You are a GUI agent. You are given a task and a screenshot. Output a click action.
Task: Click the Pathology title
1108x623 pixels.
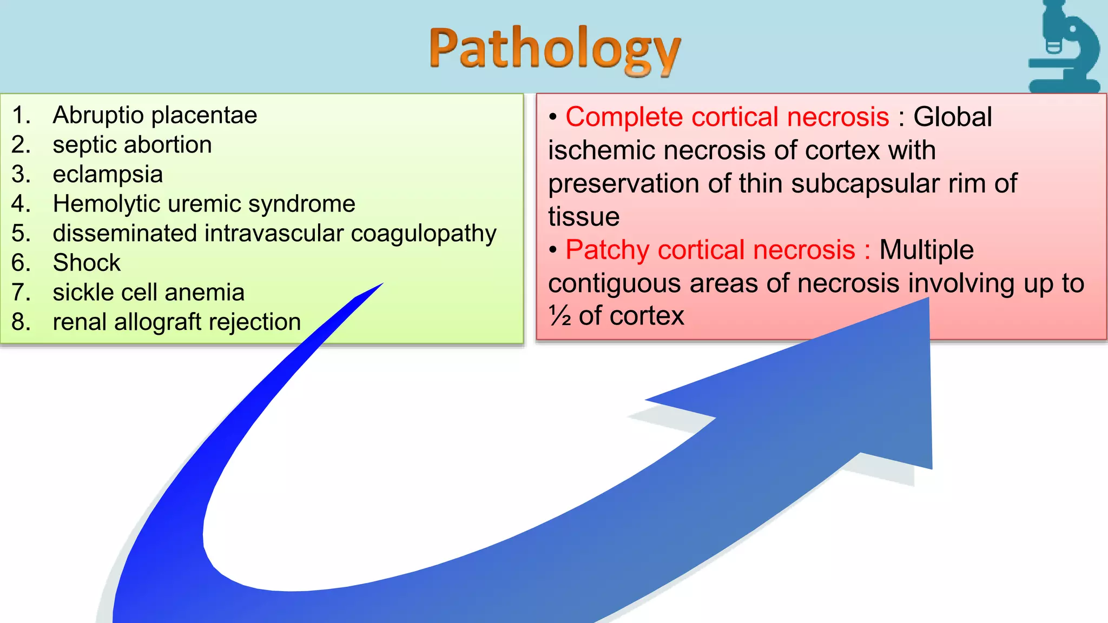pyautogui.click(x=555, y=50)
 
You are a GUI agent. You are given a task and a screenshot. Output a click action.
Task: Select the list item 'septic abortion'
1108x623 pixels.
pyautogui.click(x=132, y=145)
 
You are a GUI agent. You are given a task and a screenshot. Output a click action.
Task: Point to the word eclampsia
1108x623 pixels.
pyautogui.click(x=108, y=175)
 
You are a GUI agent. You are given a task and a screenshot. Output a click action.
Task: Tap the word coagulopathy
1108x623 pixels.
pyautogui.click(x=424, y=234)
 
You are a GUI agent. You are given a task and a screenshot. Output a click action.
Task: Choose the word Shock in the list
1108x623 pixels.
pyautogui.click(x=87, y=263)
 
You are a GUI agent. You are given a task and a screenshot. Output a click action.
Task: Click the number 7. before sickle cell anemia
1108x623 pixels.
pyautogui.click(x=21, y=293)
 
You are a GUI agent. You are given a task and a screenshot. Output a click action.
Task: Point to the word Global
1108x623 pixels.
pyautogui.click(x=953, y=117)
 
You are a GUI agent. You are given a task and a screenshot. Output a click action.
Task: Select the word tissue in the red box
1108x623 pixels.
pyautogui.click(x=584, y=217)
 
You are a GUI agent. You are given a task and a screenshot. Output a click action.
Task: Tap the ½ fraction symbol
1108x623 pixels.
pyautogui.click(x=560, y=316)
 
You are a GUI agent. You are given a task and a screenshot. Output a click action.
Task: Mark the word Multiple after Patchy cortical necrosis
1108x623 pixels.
pyautogui.click(x=926, y=250)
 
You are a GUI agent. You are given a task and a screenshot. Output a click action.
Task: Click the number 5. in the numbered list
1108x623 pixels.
pyautogui.click(x=21, y=234)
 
